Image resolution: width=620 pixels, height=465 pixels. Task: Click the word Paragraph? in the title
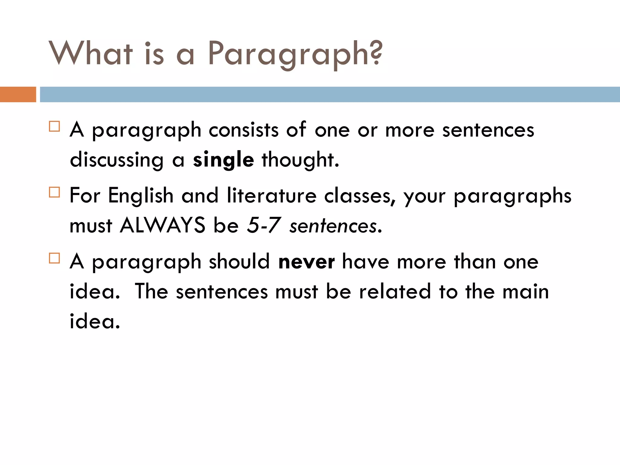click(295, 54)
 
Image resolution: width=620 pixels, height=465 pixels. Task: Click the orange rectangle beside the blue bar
click(18, 94)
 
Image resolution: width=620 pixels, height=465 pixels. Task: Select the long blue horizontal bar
click(330, 94)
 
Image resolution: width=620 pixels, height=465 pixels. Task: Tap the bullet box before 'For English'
click(54, 192)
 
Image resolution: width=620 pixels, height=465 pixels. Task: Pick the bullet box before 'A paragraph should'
click(54, 258)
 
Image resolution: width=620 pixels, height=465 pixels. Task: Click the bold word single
click(223, 160)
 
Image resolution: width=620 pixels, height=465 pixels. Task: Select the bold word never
click(306, 262)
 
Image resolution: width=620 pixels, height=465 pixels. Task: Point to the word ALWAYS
click(163, 226)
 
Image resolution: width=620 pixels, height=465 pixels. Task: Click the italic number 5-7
click(264, 226)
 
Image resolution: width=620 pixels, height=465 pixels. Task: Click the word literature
click(272, 196)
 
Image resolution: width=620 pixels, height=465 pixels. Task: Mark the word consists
click(243, 130)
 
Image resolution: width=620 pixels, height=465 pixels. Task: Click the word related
click(395, 292)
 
